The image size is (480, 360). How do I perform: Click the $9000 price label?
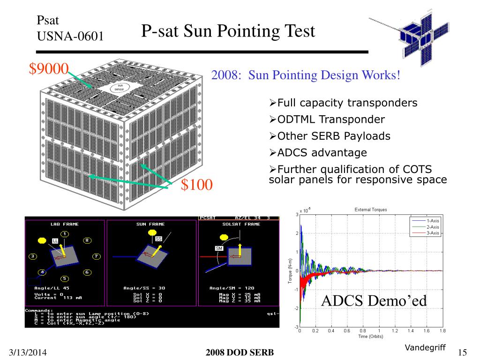(49, 68)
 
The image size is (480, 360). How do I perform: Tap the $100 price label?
(197, 185)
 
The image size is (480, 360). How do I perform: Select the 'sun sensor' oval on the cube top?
(120, 87)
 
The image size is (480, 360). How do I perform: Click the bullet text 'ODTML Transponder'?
(331, 120)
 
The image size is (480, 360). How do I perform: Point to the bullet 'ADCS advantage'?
(322, 153)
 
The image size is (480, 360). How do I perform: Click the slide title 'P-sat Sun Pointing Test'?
(228, 31)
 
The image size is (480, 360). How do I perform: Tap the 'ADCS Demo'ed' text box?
(374, 300)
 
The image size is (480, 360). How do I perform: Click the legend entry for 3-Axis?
(432, 232)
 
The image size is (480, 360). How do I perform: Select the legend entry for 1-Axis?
(432, 220)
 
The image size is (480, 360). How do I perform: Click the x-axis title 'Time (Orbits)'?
(370, 337)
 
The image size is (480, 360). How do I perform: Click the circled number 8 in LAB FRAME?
(87, 240)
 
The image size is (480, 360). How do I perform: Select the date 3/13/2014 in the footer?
(28, 352)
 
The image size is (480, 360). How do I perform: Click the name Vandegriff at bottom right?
(425, 347)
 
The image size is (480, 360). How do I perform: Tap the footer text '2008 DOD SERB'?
(240, 352)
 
